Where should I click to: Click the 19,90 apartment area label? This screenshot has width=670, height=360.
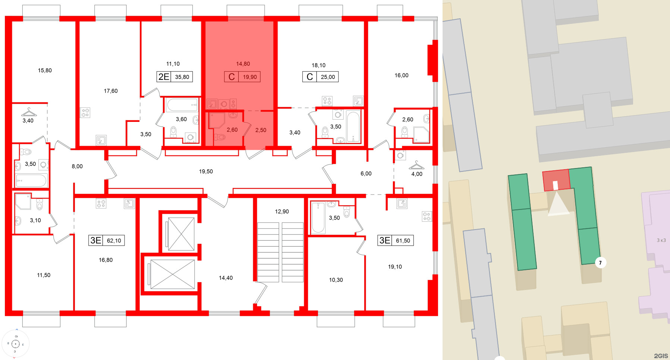tap(250, 77)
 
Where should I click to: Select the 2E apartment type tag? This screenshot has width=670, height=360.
tap(164, 77)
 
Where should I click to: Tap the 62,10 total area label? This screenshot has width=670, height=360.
tap(114, 241)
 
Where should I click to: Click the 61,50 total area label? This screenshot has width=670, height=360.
tap(403, 241)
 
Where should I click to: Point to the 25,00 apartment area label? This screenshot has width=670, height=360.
tap(328, 77)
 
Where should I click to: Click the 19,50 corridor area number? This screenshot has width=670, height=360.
tap(206, 171)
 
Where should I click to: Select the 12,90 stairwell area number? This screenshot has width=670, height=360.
tap(282, 211)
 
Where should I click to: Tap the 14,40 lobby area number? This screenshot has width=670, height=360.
tap(226, 278)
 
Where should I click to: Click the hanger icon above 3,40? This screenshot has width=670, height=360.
tap(29, 112)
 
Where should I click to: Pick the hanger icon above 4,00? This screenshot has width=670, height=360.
tap(416, 165)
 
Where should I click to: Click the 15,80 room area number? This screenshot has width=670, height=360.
tap(45, 70)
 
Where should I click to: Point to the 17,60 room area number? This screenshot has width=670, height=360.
tap(111, 91)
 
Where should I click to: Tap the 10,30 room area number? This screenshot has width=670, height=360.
tap(336, 280)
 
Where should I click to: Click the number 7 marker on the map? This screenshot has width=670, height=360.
tap(600, 263)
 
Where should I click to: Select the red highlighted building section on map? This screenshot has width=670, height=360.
tap(556, 180)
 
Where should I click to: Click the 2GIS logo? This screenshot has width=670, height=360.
tap(661, 356)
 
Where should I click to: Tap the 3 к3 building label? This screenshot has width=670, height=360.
tap(661, 240)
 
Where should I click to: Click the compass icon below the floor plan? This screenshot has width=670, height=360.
tap(16, 344)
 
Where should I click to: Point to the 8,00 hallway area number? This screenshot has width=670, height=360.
tap(77, 166)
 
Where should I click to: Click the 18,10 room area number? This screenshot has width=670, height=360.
tap(318, 65)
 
